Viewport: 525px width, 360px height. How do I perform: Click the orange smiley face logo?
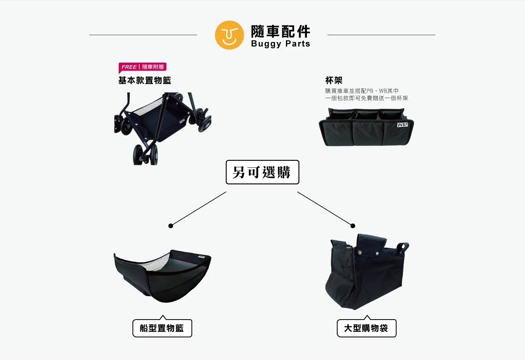tap(229, 35)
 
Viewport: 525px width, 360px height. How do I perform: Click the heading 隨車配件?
tap(281, 32)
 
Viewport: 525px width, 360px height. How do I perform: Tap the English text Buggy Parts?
tap(281, 44)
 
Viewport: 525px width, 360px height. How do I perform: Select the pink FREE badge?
tap(143, 67)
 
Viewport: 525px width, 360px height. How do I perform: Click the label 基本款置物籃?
tap(145, 80)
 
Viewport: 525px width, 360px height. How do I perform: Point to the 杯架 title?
tap(334, 80)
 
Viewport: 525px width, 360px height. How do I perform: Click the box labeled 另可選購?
tap(262, 172)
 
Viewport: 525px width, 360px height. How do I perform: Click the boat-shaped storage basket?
tap(162, 276)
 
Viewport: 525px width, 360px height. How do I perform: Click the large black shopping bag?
tap(366, 272)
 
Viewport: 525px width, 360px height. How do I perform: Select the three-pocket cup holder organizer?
tap(366, 127)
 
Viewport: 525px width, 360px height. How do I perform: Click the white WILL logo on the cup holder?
tap(402, 125)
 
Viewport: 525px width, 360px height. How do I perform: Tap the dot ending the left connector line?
tap(170, 226)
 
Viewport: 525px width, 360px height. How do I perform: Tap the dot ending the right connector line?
tap(353, 226)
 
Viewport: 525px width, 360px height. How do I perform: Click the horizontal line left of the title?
tap(143, 35)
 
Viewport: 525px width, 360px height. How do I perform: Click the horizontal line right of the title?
tap(381, 35)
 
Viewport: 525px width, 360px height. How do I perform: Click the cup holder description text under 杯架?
tap(367, 95)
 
